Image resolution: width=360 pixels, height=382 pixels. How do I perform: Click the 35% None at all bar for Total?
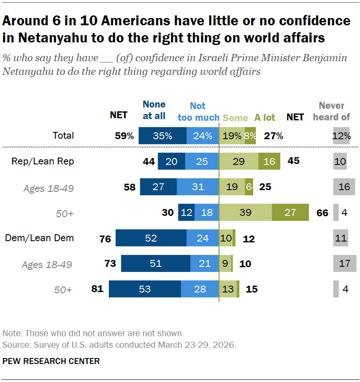(x=162, y=136)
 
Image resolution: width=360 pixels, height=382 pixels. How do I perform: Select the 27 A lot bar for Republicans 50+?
(x=290, y=212)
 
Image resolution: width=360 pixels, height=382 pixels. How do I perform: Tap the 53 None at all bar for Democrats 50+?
(x=145, y=289)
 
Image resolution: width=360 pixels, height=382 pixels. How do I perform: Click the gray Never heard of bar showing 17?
(x=345, y=263)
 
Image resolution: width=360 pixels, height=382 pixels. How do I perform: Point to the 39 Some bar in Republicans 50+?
(x=245, y=212)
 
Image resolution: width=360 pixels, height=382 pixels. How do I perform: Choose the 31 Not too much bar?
(x=198, y=187)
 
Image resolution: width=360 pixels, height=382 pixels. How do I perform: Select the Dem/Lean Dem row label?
(x=39, y=238)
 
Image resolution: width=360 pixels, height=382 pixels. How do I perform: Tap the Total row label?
(x=63, y=136)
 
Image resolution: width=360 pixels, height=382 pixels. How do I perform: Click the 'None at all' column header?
(x=154, y=110)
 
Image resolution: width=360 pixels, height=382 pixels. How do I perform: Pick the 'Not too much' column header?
(x=198, y=112)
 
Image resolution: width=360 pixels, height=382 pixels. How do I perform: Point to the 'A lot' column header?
(x=265, y=117)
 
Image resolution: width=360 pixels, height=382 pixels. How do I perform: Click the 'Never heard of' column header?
(x=332, y=111)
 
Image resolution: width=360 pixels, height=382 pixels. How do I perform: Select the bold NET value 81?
(x=97, y=289)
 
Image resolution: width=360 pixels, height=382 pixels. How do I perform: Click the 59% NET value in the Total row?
(x=124, y=136)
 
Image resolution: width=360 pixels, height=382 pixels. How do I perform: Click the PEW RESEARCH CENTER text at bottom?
(x=51, y=361)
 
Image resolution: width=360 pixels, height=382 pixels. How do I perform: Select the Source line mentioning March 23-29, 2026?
(x=119, y=344)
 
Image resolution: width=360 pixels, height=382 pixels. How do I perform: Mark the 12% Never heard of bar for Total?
(x=341, y=136)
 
